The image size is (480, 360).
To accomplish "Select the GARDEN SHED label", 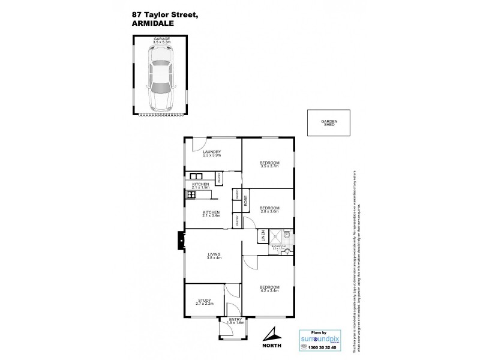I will click(329, 124).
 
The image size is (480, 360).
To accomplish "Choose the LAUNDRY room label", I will click(212, 154).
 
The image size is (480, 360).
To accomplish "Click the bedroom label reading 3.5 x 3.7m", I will click(268, 164).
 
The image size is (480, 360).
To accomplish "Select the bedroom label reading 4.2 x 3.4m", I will click(268, 290).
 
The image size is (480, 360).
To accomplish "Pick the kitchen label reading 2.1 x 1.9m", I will click(200, 185).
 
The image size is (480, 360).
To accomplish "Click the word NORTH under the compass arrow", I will click(273, 347).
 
